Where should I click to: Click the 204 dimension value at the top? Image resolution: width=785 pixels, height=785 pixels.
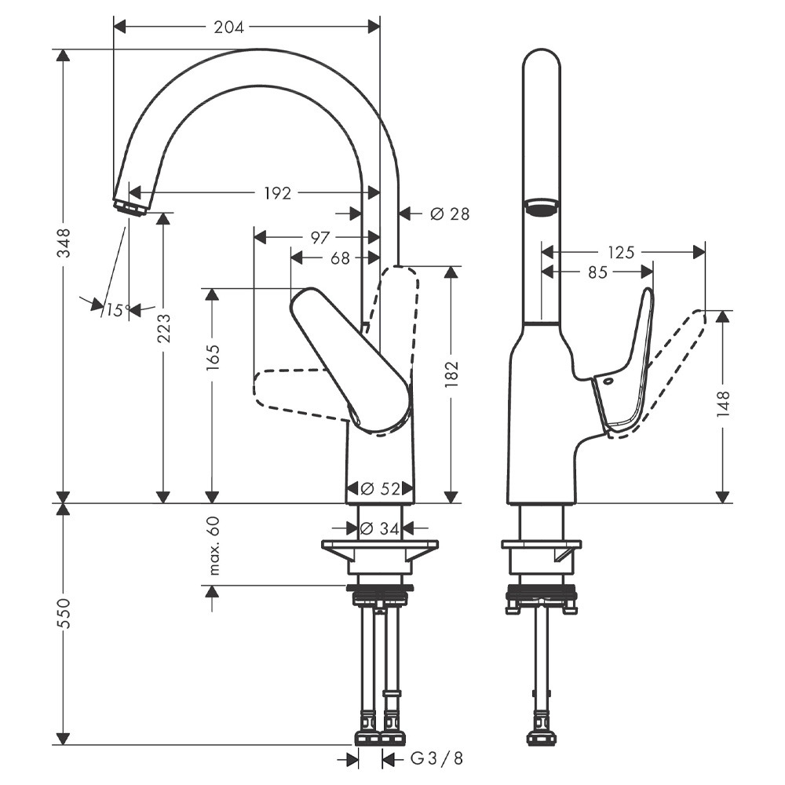point(229,27)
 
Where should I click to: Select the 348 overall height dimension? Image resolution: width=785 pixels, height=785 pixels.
point(64,243)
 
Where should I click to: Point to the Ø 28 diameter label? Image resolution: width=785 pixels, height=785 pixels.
point(450,213)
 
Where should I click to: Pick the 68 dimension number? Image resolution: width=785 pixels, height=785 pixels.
point(340,257)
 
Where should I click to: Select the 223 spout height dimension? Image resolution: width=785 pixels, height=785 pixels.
point(163,328)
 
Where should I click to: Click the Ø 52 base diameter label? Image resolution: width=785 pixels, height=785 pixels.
point(380,489)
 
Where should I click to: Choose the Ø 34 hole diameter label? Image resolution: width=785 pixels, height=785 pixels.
point(379,529)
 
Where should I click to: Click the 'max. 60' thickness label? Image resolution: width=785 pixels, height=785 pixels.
point(213,546)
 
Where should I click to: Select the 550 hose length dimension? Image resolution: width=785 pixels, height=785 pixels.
point(64,613)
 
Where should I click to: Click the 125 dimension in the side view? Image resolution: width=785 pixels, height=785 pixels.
point(621,252)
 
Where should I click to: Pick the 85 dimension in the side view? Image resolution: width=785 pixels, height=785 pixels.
point(597,272)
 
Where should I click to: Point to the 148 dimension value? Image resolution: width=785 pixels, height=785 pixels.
point(724,402)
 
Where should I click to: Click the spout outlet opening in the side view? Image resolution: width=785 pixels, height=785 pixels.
point(541,206)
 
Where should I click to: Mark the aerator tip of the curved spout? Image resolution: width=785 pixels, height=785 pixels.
point(130,208)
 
